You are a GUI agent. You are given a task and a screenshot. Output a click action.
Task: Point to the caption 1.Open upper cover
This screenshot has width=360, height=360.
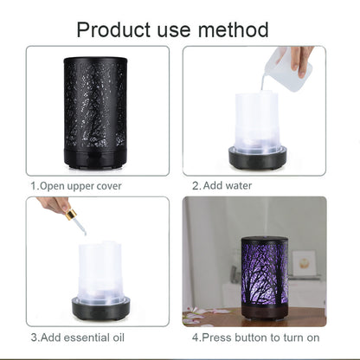pos(75,185)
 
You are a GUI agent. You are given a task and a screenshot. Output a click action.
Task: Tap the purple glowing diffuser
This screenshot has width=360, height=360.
pos(265,272)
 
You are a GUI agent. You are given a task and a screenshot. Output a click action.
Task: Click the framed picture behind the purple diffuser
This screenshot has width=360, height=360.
pos(304,263)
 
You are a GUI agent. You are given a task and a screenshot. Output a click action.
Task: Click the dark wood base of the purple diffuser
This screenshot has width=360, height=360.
pos(265,312)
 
